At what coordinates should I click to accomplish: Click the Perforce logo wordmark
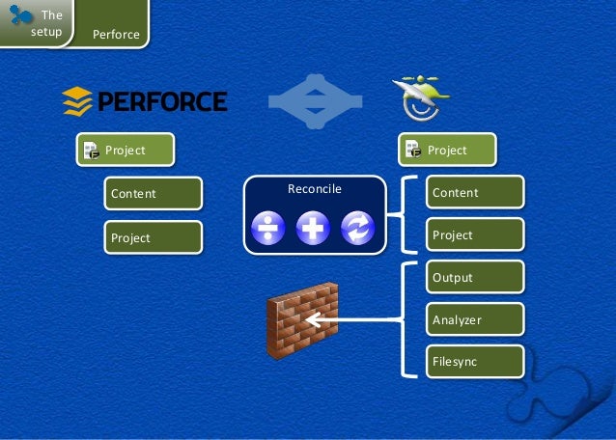pos(145,99)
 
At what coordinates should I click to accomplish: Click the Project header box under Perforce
pos(126,150)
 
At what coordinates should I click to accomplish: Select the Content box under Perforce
pos(154,194)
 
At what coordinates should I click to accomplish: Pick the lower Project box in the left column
pos(154,237)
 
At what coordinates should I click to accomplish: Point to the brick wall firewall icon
pos(301,321)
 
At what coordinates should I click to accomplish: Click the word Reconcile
pos(315,188)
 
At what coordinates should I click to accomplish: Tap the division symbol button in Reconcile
pos(266,228)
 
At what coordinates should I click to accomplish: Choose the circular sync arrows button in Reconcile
pos(356,228)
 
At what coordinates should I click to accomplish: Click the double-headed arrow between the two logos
pos(315,99)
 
